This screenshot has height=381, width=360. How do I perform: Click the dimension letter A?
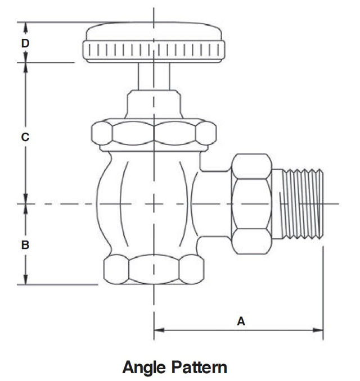[x=241, y=321]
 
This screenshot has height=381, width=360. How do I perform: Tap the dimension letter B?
[x=25, y=244]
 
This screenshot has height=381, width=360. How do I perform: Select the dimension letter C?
[x=25, y=137]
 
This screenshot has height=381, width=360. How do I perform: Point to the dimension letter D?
[x=25, y=43]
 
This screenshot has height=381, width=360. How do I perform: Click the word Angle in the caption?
[x=145, y=368]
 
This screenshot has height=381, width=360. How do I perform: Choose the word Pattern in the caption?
[x=200, y=367]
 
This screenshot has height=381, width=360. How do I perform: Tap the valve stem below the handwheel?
[x=154, y=76]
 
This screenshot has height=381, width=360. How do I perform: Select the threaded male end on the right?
[x=301, y=203]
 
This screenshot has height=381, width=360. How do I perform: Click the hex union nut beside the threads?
[x=251, y=204]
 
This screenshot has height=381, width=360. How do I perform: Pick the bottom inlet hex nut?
[x=154, y=269]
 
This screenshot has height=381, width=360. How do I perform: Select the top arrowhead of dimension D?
[x=25, y=28]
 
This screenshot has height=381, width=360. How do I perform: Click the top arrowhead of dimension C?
[x=25, y=68]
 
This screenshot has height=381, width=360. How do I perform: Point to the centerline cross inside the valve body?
[x=154, y=203]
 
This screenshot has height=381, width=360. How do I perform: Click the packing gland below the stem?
[x=154, y=105]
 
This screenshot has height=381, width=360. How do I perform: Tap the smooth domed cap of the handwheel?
[x=154, y=30]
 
